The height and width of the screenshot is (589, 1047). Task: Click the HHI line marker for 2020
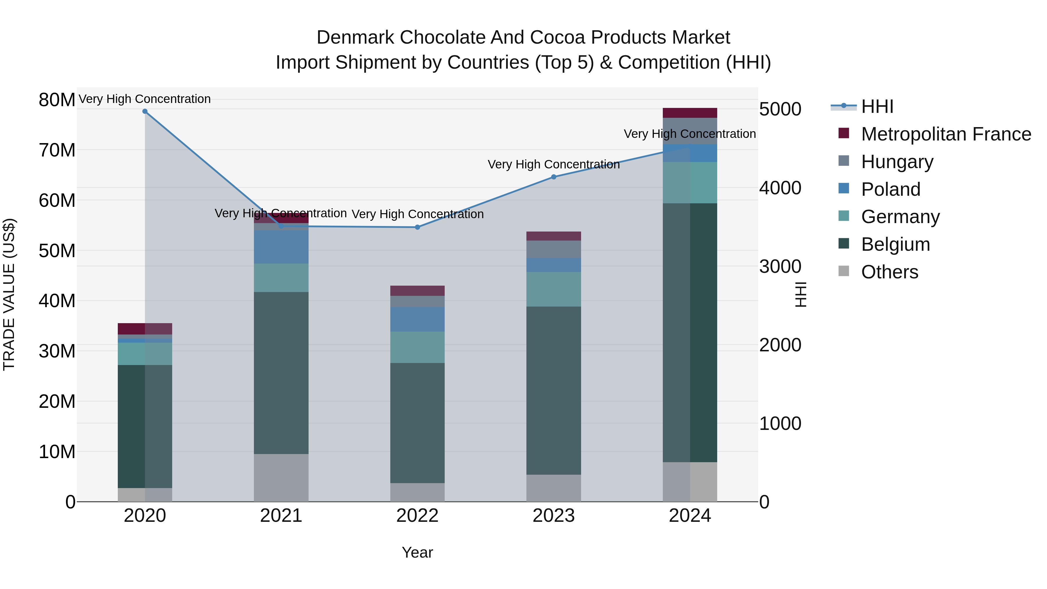pos(145,111)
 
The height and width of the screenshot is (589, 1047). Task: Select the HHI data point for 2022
pos(417,227)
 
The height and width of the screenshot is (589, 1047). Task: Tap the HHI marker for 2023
pos(553,177)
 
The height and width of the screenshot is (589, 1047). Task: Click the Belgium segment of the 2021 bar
pos(281,373)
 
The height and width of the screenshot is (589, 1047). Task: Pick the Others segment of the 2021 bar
pos(281,478)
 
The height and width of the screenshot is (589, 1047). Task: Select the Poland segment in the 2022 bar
pos(417,319)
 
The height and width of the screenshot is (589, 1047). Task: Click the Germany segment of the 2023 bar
pos(553,289)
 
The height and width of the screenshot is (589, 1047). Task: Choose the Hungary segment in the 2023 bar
pos(553,249)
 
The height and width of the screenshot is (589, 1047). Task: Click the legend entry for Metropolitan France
pos(946,134)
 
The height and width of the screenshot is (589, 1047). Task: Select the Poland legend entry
pos(891,189)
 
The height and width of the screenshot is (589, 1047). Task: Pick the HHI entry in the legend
pos(877,106)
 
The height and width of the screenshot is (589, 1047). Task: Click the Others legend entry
pos(889,272)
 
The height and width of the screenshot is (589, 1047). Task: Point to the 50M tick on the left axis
pos(57,251)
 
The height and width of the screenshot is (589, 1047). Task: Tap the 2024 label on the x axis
pos(690,516)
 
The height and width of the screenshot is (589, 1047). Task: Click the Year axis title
pos(417,553)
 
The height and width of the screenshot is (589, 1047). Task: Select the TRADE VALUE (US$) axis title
pos(9,295)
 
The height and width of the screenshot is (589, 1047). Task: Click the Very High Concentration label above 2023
pos(553,165)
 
